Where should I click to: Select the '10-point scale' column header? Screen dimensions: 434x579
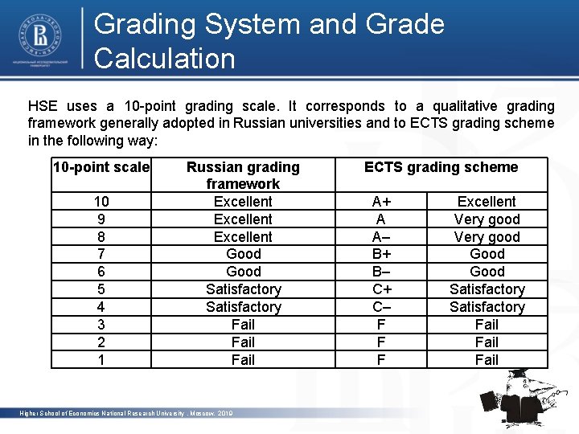101,167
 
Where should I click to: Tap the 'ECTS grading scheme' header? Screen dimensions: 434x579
441,167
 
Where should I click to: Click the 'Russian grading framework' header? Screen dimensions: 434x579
243,176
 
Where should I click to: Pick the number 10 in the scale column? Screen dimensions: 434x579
101,202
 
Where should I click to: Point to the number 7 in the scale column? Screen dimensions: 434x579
101,254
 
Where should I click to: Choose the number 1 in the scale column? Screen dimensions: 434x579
101,360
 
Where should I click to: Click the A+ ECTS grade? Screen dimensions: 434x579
381,202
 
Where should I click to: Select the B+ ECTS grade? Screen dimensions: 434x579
381,254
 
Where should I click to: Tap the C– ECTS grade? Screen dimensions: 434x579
381,307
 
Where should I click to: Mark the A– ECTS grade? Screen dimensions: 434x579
381,237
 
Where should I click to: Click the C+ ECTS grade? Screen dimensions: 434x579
381,289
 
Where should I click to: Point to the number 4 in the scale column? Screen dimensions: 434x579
101,307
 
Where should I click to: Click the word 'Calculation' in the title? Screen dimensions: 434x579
165,58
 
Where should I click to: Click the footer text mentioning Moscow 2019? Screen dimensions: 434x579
126,413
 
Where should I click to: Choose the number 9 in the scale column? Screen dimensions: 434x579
101,219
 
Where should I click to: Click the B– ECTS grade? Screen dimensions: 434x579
381,272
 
